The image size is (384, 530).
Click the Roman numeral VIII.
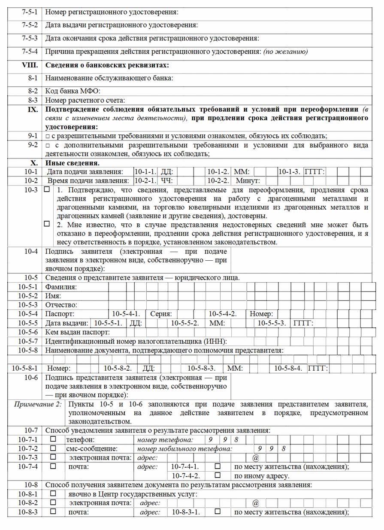click(30, 65)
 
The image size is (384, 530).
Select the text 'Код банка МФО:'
click(73, 91)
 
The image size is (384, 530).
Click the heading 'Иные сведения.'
click(73, 163)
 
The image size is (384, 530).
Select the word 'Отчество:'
click(61, 305)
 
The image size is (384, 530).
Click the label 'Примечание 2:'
click(37, 404)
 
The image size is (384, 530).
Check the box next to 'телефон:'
click(54, 439)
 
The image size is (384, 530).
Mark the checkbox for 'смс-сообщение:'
click(54, 448)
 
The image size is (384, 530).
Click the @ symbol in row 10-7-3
click(256, 457)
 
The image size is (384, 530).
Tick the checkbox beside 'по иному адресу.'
click(218, 475)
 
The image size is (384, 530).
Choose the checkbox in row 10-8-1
click(54, 494)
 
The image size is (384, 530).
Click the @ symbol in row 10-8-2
click(256, 503)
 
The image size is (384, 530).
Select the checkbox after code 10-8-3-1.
click(218, 512)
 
